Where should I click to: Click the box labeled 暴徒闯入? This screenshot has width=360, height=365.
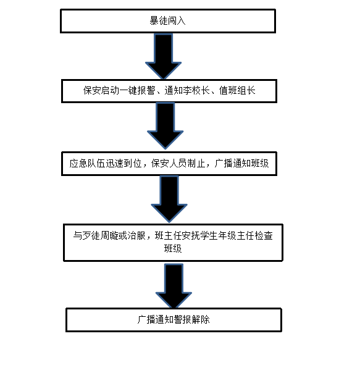[x=168, y=21]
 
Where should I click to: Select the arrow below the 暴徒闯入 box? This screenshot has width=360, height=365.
[x=164, y=56]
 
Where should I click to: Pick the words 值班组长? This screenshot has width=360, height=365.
[x=237, y=91]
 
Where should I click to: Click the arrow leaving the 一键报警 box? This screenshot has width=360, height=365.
[x=165, y=126]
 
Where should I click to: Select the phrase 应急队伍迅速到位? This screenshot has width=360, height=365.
[x=106, y=164]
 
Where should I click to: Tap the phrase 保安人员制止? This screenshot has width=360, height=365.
[x=178, y=164]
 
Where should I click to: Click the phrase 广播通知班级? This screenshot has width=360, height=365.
[x=242, y=164]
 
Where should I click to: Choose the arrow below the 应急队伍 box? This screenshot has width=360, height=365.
[x=169, y=199]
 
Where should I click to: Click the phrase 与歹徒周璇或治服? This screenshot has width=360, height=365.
[x=109, y=235]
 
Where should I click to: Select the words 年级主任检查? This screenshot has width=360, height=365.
[x=246, y=235]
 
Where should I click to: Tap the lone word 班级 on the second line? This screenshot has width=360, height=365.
[x=173, y=248]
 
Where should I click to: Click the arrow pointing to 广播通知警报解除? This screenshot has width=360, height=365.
[x=174, y=286]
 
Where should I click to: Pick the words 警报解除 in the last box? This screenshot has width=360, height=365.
[x=192, y=320]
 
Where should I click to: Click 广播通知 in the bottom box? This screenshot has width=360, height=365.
[x=156, y=320]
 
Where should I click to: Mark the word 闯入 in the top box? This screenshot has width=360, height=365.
[x=177, y=21]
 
